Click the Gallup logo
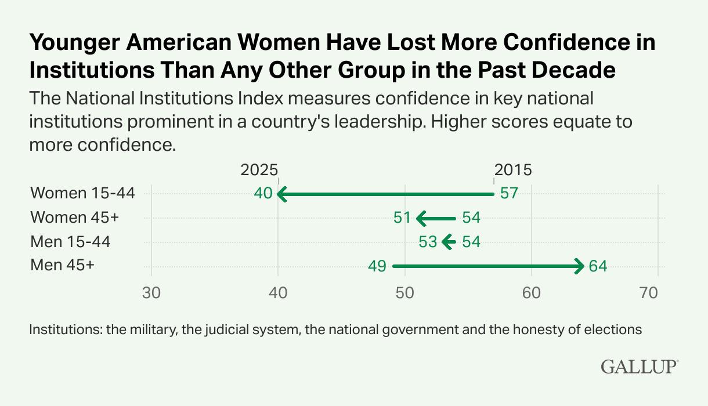tap(639, 367)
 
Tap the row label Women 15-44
tap(82, 193)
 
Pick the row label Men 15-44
tap(70, 242)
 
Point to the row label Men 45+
tap(62, 266)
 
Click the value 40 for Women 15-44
tap(263, 194)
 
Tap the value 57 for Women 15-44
tap(508, 194)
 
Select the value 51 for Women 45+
tap(402, 218)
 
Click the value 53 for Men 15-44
tap(428, 242)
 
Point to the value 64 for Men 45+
tap(597, 267)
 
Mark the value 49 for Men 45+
tap(377, 267)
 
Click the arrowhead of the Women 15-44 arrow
tap(282, 194)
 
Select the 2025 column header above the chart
tap(259, 170)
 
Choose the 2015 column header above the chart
tap(513, 170)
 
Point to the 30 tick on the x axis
tap(151, 293)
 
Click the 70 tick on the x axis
tap(658, 293)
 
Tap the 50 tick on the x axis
tap(404, 293)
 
